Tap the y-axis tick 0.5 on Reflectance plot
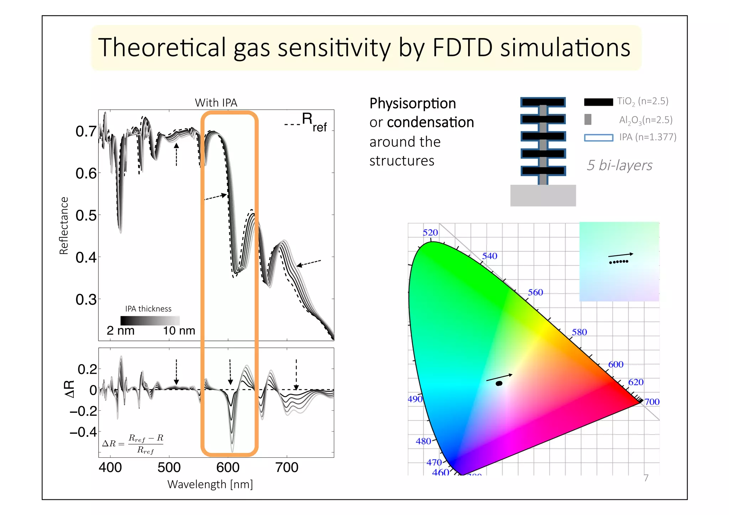click(86, 215)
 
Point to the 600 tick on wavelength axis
click(228, 467)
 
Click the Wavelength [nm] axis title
click(210, 484)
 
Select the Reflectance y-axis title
click(64, 226)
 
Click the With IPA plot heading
click(216, 103)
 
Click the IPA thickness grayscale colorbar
click(150, 320)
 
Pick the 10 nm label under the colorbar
click(179, 331)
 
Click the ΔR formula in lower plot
click(133, 443)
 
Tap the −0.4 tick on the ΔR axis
click(83, 432)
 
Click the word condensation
click(430, 122)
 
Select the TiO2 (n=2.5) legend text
click(643, 101)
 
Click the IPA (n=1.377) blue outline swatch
click(598, 137)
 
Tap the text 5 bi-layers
click(619, 165)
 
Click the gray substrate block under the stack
click(543, 195)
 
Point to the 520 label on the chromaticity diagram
click(430, 232)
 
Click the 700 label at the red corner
click(652, 402)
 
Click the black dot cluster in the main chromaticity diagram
click(499, 383)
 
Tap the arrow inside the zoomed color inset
click(620, 255)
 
